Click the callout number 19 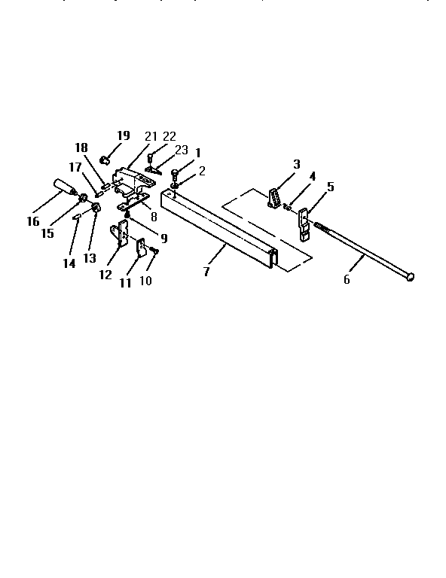coord(124,135)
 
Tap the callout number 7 coord(206,272)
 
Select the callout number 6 coord(347,279)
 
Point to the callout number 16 coord(33,221)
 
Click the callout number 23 coord(182,150)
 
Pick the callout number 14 coord(69,263)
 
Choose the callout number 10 coord(145,281)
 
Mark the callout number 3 coord(297,164)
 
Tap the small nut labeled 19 coord(105,160)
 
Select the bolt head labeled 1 coord(175,172)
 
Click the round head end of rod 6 coord(410,277)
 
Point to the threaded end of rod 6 coord(322,227)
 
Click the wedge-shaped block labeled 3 coord(273,198)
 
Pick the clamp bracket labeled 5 coord(304,224)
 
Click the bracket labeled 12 coord(120,233)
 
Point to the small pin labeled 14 coord(76,217)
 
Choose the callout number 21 coord(151,136)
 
